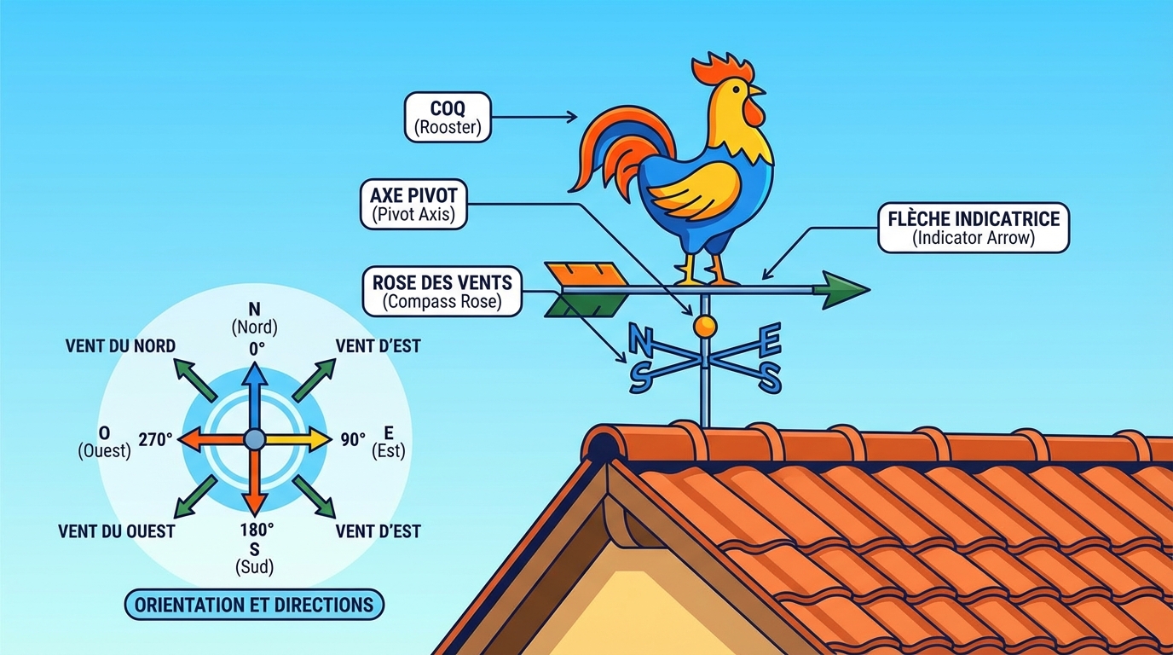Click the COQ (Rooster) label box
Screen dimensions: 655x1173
click(x=448, y=117)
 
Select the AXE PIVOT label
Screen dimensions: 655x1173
click(x=413, y=205)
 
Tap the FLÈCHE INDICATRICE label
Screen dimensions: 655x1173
click(x=973, y=227)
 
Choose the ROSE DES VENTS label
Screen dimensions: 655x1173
click(x=442, y=291)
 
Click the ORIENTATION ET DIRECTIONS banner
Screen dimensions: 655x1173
click(x=254, y=605)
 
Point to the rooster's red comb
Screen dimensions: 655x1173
click(x=720, y=68)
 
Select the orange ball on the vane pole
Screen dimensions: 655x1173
click(x=705, y=325)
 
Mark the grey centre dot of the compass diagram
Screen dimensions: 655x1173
click(x=254, y=439)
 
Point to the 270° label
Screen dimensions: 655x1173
click(x=157, y=439)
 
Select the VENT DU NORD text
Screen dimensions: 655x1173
click(x=120, y=345)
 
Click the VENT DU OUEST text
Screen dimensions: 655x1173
click(x=117, y=531)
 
